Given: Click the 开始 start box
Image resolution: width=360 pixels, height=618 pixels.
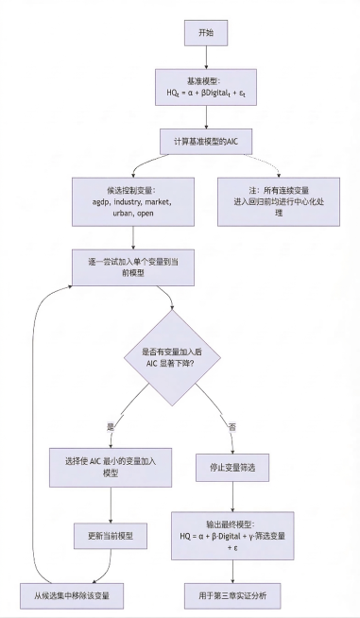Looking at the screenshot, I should tap(205, 32).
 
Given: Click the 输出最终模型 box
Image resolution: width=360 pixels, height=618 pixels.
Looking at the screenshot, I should tap(232, 536).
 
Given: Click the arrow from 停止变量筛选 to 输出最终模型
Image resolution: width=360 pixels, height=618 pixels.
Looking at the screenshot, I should tap(232, 496).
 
